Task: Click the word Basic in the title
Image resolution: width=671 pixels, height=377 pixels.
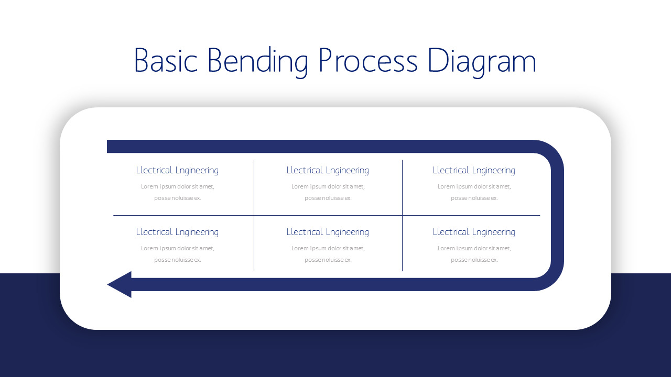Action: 166,61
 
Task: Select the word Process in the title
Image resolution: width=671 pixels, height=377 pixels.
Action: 368,61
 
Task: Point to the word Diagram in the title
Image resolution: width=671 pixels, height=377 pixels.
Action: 482,61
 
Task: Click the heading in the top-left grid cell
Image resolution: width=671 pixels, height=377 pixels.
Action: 177,170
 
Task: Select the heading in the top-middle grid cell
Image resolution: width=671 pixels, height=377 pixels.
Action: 328,170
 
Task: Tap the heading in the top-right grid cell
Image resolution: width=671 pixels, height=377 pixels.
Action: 474,170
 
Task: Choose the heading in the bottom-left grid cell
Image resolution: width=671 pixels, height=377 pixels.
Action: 177,232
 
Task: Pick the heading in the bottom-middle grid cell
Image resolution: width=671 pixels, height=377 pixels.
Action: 328,232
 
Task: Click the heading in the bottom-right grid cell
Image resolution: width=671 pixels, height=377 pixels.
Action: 474,232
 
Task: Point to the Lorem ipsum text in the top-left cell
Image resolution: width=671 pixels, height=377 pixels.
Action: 177,192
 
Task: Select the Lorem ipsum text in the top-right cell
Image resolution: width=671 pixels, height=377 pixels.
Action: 474,192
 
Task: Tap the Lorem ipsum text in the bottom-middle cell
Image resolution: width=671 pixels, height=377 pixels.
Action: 328,254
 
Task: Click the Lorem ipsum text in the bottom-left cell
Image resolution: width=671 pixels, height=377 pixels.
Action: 177,254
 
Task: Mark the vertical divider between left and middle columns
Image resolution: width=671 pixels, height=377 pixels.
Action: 254,188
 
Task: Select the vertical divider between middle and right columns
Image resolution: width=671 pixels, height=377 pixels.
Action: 403,188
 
